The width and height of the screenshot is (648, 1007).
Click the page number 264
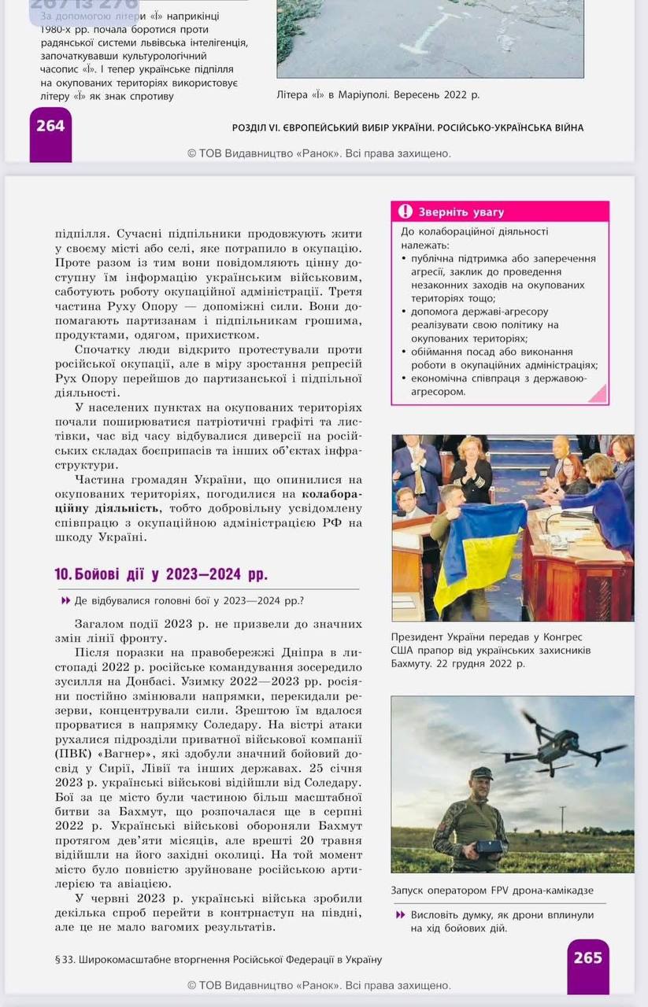(50, 125)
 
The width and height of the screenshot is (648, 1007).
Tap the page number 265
(587, 957)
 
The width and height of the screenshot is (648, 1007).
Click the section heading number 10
(63, 574)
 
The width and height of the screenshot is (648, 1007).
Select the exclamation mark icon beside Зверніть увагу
(405, 212)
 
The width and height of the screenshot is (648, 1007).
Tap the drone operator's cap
(481, 773)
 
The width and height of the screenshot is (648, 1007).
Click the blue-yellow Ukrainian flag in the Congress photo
(480, 551)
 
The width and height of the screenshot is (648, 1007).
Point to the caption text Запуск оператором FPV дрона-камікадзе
(492, 891)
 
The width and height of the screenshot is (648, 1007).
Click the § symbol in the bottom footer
(58, 960)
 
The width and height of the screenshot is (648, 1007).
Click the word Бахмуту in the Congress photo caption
(409, 664)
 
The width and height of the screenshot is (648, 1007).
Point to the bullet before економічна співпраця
(404, 378)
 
